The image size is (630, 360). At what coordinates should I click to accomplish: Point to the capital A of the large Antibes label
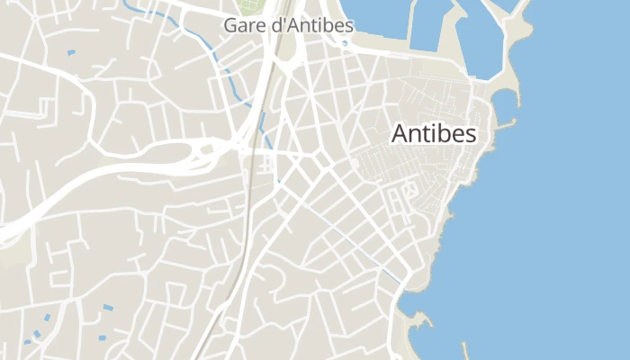[x=400, y=133]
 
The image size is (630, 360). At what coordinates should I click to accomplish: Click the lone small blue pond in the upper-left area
[x=70, y=52]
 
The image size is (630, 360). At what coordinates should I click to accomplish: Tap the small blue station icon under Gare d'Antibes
[x=265, y=163]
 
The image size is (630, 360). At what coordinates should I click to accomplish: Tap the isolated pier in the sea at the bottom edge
[x=464, y=348]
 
